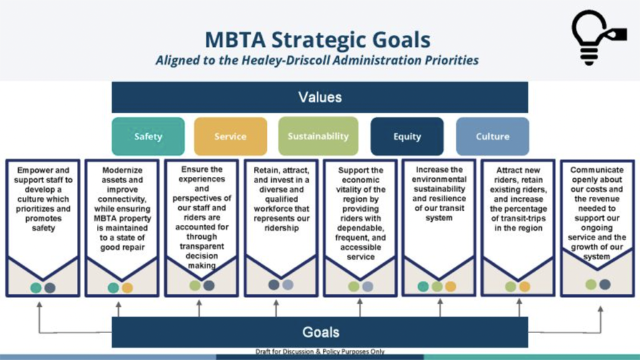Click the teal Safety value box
(148, 136)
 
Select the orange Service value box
(231, 136)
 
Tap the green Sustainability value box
(318, 136)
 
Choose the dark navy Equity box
(407, 136)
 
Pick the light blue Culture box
(492, 136)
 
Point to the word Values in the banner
(320, 97)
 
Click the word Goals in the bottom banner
(321, 332)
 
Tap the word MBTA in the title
(236, 40)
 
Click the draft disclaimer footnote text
(320, 351)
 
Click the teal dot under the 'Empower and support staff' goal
(36, 287)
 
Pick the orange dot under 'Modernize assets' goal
(127, 287)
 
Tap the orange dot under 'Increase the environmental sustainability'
(451, 286)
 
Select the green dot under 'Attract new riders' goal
(511, 286)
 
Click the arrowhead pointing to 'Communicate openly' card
(601, 309)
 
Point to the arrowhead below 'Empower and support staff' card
(39, 304)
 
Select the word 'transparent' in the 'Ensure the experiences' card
(202, 246)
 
